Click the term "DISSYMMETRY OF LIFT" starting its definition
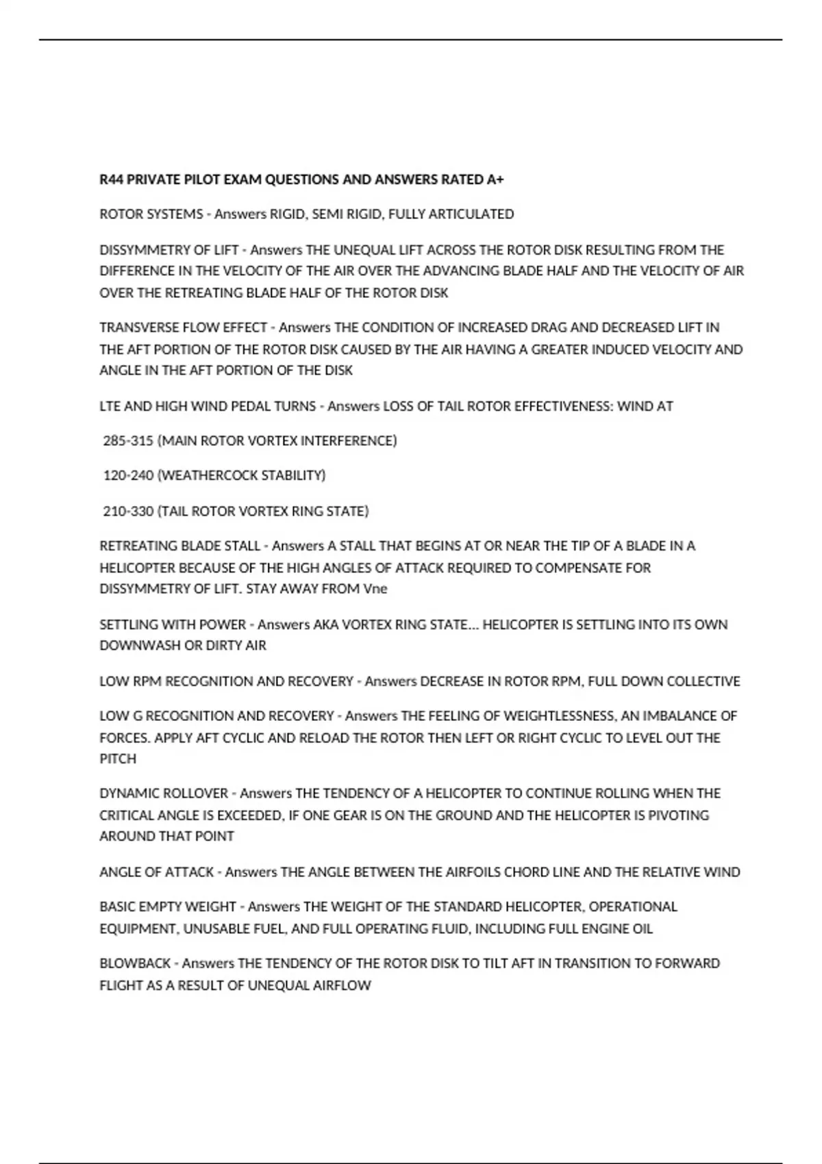point(169,250)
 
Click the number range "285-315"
point(128,440)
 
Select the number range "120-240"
point(128,475)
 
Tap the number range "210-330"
point(128,511)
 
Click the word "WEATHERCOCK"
point(203,475)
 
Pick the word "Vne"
point(375,589)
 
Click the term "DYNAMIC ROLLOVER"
point(164,794)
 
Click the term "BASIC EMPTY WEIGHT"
point(168,907)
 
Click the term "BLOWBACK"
point(135,963)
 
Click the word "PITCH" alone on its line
point(118,759)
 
